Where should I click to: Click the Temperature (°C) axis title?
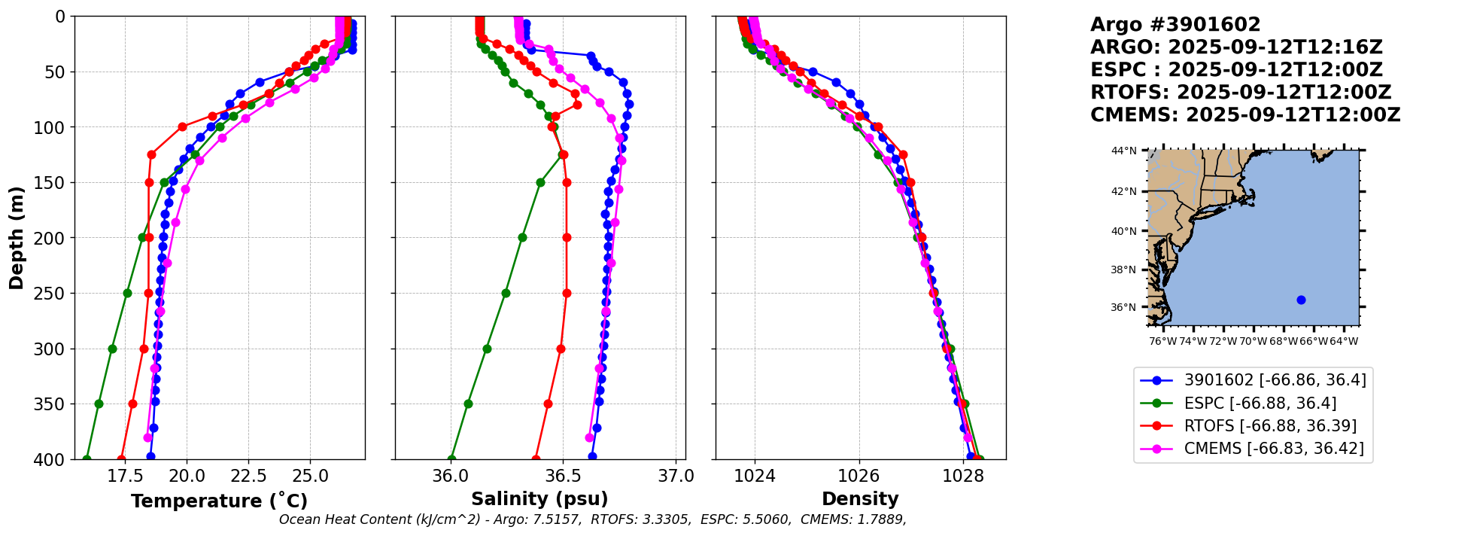coord(219,501)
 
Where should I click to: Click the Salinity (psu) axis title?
coord(539,499)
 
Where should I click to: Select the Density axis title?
coord(860,499)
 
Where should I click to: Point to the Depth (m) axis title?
coord(17,238)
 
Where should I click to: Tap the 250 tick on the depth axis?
coord(54,294)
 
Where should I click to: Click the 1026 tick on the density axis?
coord(859,476)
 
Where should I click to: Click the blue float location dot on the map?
coord(1301,300)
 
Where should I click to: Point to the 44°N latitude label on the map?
coord(1124,151)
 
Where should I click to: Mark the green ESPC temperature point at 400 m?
coord(87,459)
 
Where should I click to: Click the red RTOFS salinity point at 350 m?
coord(548,404)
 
